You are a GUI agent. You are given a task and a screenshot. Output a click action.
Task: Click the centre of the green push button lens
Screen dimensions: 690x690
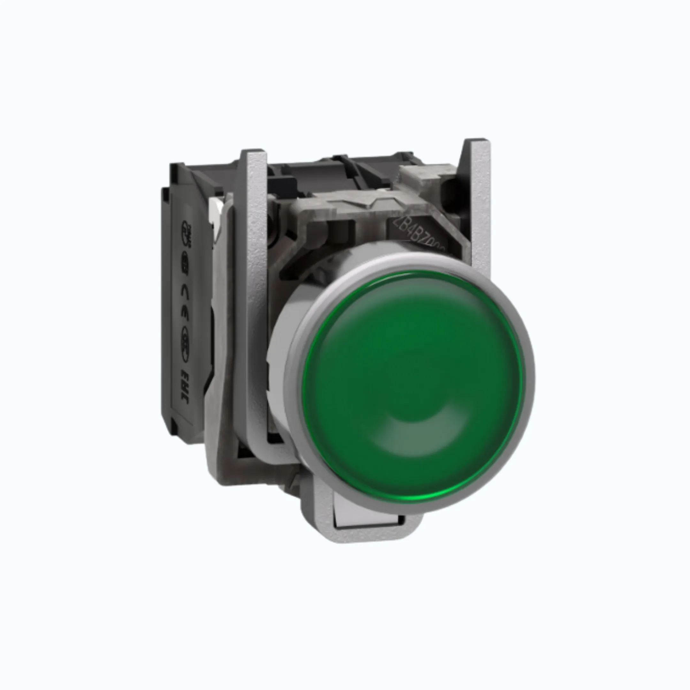click(411, 386)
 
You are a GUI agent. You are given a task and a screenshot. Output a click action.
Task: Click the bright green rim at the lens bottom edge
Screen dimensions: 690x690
click(411, 499)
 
